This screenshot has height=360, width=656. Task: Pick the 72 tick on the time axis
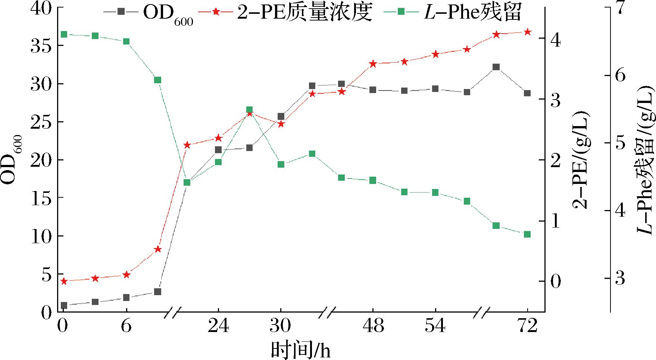527,326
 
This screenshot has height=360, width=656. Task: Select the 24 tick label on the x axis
218,326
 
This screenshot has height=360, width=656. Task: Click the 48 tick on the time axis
373,326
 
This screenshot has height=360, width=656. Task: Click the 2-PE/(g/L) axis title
580,160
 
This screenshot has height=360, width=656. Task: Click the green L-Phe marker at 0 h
64,35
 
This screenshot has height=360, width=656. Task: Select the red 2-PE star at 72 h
527,32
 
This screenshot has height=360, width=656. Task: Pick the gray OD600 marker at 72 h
527,93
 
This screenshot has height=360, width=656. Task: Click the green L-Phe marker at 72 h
527,234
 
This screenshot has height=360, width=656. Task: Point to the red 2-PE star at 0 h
64,281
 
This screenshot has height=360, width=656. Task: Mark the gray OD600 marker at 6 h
126,297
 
